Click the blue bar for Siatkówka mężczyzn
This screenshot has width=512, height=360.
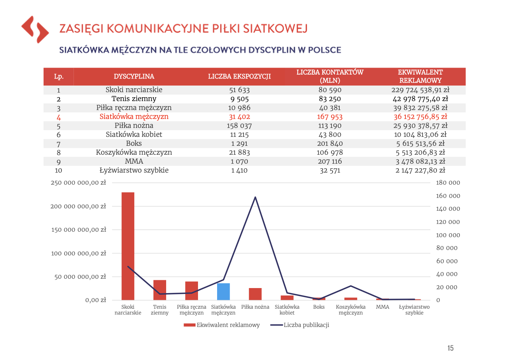(223, 292)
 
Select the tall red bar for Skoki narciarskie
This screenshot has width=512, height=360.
(128, 246)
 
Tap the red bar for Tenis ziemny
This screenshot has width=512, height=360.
(160, 290)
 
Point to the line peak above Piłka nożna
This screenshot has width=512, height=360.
(255, 197)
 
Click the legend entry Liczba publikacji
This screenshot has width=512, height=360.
(300, 325)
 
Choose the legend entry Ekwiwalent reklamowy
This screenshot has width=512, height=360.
(221, 325)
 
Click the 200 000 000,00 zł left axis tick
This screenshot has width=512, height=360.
(78, 206)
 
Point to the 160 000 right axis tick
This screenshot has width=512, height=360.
(448, 196)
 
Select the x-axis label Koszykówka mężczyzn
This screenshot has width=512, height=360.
(351, 310)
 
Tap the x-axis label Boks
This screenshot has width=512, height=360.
(319, 307)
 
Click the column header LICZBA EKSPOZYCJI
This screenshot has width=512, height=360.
(239, 76)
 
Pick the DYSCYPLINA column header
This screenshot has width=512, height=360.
(134, 76)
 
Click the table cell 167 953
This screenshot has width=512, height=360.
(330, 117)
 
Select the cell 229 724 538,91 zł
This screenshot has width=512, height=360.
(420, 90)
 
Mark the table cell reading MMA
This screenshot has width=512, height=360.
(134, 161)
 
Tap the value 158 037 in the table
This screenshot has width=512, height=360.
(239, 126)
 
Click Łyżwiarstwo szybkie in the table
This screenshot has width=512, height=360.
(134, 170)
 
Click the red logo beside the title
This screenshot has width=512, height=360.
(35, 30)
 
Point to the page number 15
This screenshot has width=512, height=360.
(450, 348)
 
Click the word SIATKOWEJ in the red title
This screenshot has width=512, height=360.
(275, 29)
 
